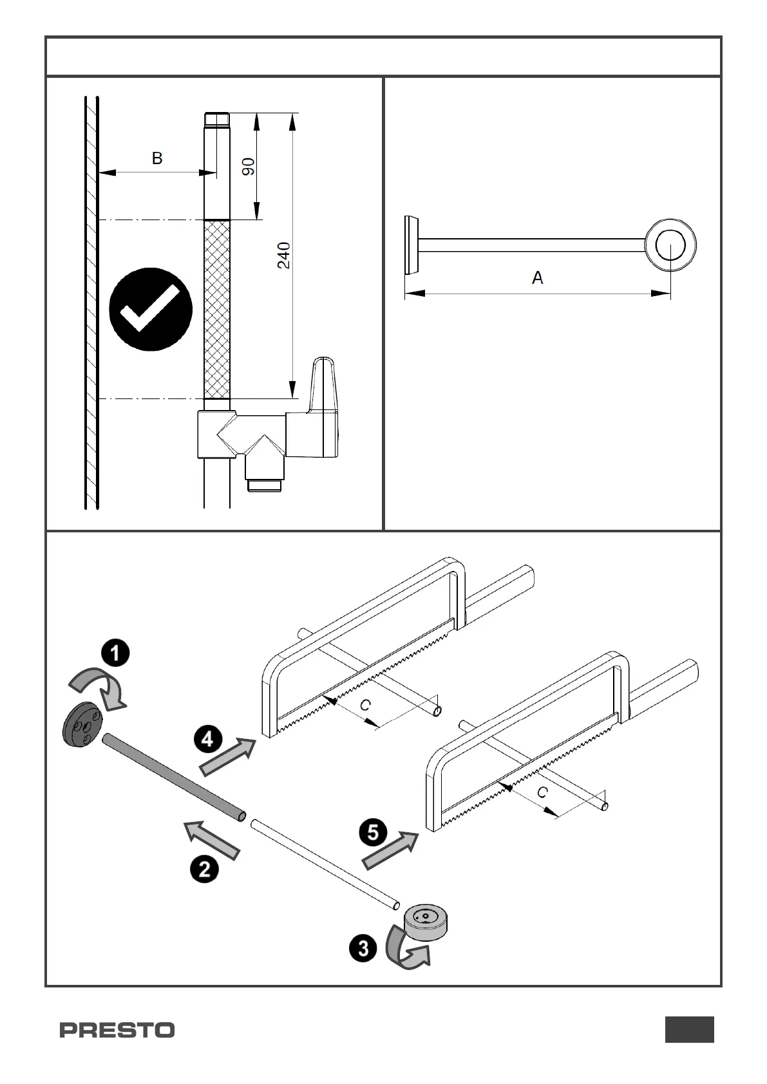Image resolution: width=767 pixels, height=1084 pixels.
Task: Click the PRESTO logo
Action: coord(117,1030)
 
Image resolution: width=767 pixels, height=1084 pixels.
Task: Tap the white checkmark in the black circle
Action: coord(151,309)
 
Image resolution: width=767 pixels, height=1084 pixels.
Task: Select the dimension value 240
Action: coord(284,255)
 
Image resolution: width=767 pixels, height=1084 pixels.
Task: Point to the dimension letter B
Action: coord(157,158)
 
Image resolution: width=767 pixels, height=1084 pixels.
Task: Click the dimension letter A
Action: coord(538,278)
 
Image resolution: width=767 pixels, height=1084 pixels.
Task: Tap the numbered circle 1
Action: coord(115,654)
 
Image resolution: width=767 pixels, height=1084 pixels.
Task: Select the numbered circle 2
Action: coord(204,870)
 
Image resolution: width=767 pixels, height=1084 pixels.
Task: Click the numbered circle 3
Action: coord(363,948)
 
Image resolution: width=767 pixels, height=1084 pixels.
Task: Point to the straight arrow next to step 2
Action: coord(212,839)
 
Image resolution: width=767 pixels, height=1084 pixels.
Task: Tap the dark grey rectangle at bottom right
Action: coord(689,1029)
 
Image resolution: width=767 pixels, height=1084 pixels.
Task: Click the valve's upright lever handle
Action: coord(325,383)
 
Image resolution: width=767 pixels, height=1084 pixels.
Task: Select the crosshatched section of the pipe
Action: coord(216,309)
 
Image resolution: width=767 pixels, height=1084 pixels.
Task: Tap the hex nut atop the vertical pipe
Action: coord(216,120)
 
